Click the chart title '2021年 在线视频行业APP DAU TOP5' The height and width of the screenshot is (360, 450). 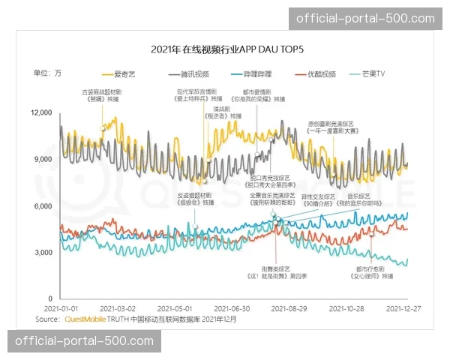click(224, 49)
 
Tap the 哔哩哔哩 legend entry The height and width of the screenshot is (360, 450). click(249, 74)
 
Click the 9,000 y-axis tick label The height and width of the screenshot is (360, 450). click(43, 159)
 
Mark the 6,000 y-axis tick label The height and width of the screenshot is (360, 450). click(43, 206)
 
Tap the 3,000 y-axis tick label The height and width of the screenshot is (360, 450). click(43, 253)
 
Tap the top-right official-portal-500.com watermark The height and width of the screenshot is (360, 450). click(366, 18)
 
